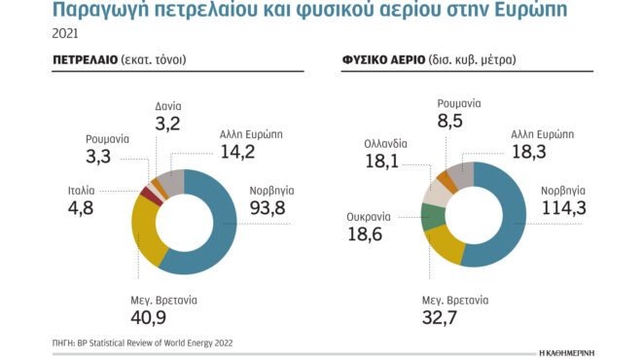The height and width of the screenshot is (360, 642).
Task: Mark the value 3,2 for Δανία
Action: point(168,125)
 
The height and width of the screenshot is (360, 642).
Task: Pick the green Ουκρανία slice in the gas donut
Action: point(432,216)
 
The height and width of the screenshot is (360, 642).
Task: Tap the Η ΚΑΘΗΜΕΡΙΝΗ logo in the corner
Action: point(589,347)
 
